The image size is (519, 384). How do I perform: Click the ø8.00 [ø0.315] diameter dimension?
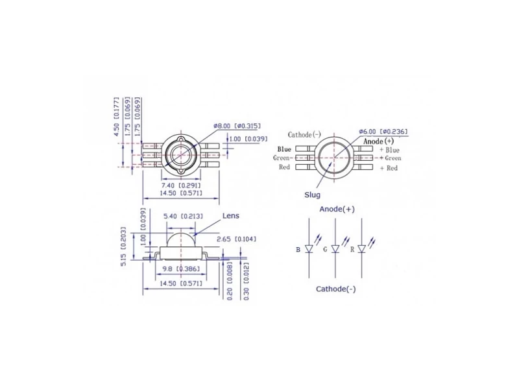237,126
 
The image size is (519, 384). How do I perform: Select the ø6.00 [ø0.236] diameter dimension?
383,132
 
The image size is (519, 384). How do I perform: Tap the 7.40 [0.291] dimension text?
181,186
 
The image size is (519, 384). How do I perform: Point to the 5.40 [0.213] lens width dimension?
183,216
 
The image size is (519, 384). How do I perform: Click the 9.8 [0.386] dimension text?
182,269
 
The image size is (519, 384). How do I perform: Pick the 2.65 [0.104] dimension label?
236,239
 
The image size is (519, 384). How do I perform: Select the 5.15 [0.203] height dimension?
123,246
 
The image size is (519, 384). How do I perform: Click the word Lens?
231,216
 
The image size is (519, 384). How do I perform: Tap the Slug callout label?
313,195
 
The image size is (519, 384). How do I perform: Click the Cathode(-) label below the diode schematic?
335,289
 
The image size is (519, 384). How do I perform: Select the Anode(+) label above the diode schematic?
337,210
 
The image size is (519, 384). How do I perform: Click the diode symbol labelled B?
309,248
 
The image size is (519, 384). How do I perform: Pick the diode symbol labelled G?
335,248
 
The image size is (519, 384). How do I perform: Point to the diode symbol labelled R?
362,248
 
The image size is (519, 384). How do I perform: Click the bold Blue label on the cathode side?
284,149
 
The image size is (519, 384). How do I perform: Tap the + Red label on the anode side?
389,168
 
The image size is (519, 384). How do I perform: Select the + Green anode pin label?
391,158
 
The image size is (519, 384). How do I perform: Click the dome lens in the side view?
181,239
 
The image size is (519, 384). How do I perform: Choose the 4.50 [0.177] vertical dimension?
117,117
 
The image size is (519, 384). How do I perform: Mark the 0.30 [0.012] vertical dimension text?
246,282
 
